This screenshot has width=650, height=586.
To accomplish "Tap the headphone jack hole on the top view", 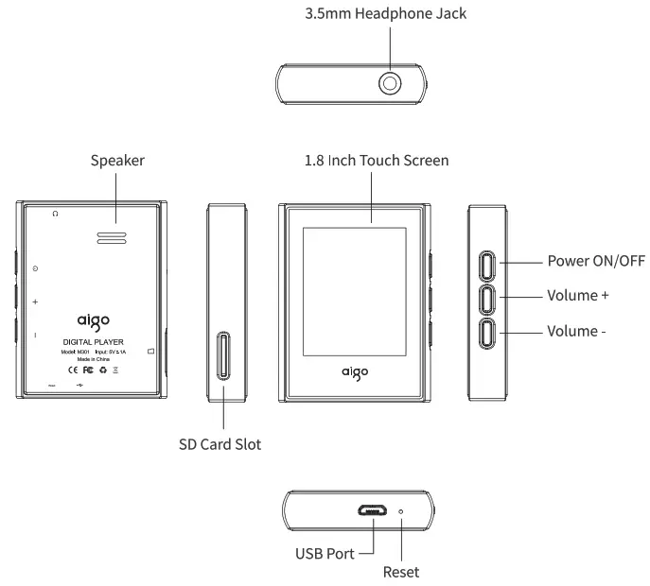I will (x=390, y=85).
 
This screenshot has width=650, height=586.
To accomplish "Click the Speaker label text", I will (x=117, y=161).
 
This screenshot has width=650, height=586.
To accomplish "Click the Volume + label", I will (x=577, y=296).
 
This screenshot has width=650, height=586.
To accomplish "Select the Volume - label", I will (x=575, y=331).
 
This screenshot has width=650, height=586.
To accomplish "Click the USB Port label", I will (x=326, y=554).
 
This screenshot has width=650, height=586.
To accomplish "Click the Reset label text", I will (x=401, y=572).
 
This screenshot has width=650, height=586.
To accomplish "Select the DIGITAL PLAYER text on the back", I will (x=93, y=340).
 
